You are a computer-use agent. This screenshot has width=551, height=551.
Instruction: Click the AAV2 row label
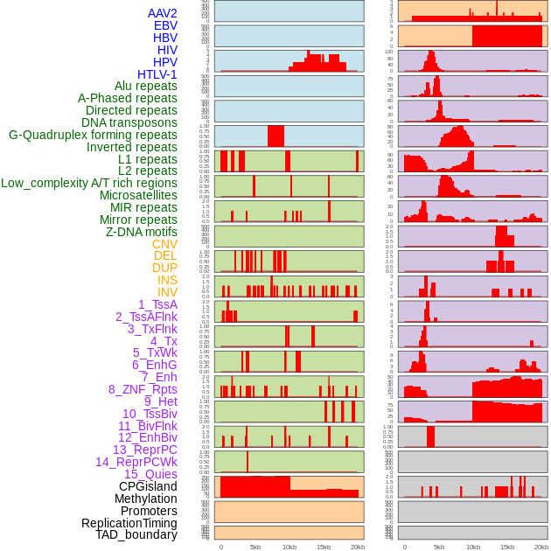pos(162,13)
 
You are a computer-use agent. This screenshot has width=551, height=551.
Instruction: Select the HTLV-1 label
pos(157,74)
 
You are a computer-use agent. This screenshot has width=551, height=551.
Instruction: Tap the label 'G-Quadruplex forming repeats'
pos(93,135)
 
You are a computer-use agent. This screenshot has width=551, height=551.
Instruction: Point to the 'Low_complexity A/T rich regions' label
pos(88,183)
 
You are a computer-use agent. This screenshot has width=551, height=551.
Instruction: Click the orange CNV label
pos(164,244)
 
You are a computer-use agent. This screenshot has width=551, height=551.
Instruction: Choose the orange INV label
pos(167,292)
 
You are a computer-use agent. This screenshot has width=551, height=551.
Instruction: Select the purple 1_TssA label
pos(157,304)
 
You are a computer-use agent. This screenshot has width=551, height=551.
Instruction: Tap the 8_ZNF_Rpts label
pos(143,389)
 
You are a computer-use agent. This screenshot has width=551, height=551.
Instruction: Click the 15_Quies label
pos(150,474)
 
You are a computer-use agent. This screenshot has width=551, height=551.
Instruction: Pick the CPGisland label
pos(148,486)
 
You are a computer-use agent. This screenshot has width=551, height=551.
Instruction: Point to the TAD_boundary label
pos(136,534)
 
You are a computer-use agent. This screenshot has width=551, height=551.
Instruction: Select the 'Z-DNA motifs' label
pos(141,232)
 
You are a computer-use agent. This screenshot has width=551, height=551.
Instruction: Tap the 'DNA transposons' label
pos(129,122)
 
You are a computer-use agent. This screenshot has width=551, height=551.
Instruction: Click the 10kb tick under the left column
pos(289,548)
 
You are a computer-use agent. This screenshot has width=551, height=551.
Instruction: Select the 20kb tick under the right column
pos(541,548)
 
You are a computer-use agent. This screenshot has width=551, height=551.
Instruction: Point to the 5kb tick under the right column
pos(439,548)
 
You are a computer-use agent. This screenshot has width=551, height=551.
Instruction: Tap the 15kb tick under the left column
pos(324,548)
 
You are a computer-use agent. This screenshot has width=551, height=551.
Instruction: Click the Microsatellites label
pos(138,195)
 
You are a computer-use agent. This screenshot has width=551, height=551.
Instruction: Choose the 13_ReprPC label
pos(144,450)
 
